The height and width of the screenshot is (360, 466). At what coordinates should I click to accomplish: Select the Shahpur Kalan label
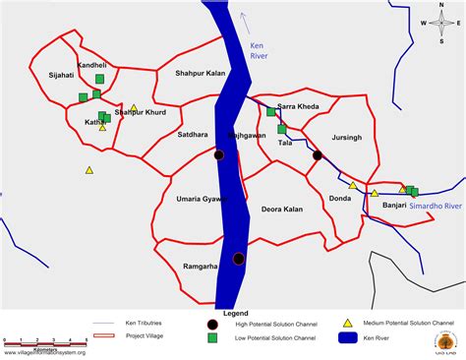(x=201, y=73)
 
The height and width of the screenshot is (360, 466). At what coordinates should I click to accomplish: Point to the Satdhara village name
(x=193, y=134)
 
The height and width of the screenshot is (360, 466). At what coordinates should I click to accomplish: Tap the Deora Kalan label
(x=281, y=209)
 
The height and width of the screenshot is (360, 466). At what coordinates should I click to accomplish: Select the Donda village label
(x=340, y=199)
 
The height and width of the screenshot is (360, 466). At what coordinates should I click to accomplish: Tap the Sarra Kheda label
(x=297, y=105)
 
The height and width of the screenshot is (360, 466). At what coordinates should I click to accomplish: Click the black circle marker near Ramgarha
(x=239, y=259)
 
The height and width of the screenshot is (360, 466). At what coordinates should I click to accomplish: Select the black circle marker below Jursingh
(x=318, y=155)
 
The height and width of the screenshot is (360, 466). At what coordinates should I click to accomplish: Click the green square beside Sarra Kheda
(x=270, y=112)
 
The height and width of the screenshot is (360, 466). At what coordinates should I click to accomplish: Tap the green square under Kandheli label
(x=99, y=79)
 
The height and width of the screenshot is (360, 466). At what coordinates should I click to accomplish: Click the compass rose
(x=440, y=25)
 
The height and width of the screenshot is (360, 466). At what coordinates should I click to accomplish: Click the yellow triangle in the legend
(x=347, y=323)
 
